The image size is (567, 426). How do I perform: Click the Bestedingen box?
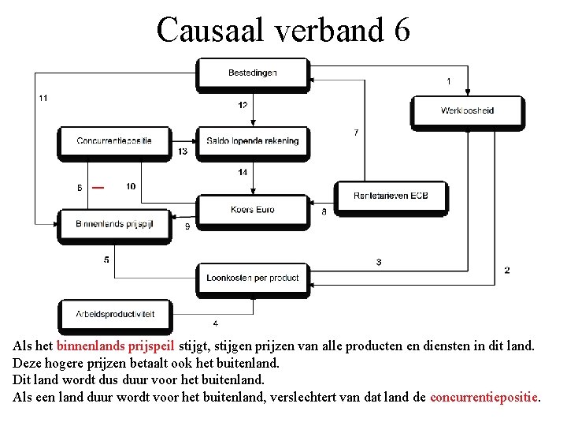pyautogui.click(x=252, y=73)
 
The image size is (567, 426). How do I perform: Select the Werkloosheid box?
pyautogui.click(x=467, y=110)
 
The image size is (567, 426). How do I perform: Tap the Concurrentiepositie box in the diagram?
pyautogui.click(x=114, y=141)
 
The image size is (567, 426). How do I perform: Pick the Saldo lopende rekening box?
pyautogui.click(x=252, y=141)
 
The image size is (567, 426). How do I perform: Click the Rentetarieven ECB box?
pyautogui.click(x=391, y=196)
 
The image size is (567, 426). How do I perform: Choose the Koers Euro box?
pyautogui.click(x=252, y=210)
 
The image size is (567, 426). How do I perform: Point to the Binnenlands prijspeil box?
pyautogui.click(x=114, y=224)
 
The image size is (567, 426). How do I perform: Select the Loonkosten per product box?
pyautogui.click(x=252, y=278)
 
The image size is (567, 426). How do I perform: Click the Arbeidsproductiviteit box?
pyautogui.click(x=115, y=314)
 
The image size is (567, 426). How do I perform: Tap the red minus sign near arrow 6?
pyautogui.click(x=97, y=188)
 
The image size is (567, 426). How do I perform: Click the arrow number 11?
pyautogui.click(x=43, y=98)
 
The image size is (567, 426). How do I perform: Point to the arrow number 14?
pyautogui.click(x=243, y=172)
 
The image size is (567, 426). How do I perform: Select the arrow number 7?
pyautogui.click(x=356, y=133)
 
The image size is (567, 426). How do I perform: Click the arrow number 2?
pyautogui.click(x=507, y=270)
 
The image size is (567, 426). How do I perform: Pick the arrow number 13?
pyautogui.click(x=183, y=151)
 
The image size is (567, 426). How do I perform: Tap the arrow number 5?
pyautogui.click(x=106, y=260)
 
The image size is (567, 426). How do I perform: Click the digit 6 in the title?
pyautogui.click(x=400, y=30)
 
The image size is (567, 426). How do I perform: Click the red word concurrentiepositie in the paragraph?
pyautogui.click(x=484, y=397)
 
